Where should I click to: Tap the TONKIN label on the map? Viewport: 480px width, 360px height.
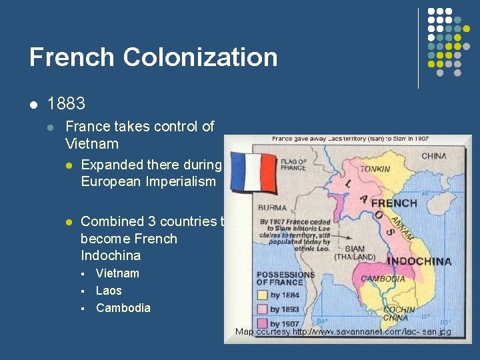click(375, 169)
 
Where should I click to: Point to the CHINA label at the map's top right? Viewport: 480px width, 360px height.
click(434, 157)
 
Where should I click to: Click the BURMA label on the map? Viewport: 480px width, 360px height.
click(272, 208)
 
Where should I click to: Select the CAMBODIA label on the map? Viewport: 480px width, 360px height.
click(383, 279)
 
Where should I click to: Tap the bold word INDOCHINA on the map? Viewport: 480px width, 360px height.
click(419, 261)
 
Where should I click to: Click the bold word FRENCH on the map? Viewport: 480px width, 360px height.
click(394, 203)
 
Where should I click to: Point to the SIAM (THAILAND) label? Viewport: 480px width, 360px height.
click(355, 253)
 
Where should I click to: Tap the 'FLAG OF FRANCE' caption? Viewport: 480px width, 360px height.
click(293, 164)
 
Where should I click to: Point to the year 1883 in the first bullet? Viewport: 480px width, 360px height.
click(67, 104)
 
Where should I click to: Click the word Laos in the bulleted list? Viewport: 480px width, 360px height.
click(109, 291)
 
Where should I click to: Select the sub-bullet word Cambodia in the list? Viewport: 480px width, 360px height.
click(123, 308)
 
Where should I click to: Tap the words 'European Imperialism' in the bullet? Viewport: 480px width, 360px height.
click(148, 182)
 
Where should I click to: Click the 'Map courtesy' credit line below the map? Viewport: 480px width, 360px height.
click(343, 331)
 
